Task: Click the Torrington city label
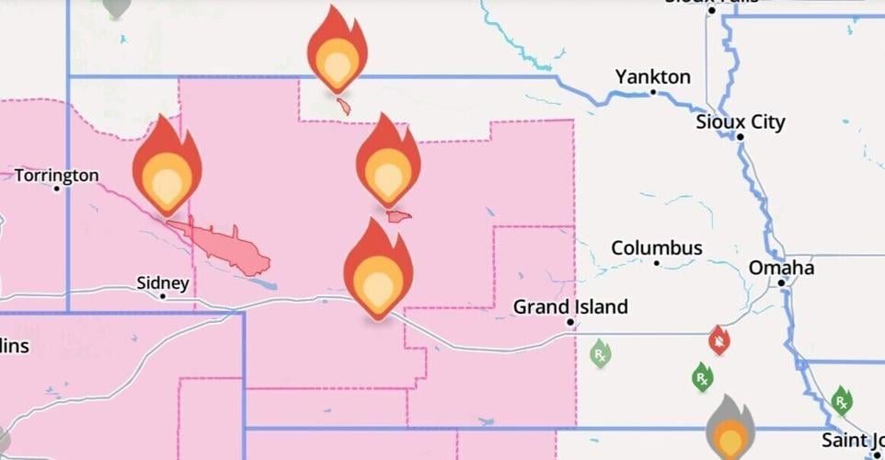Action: [x=56, y=175]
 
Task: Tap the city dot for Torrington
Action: [x=56, y=189]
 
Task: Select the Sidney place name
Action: [x=162, y=282]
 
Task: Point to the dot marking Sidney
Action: [x=163, y=296]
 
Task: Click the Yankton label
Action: [x=652, y=76]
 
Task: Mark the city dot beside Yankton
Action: [x=653, y=92]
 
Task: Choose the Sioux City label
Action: [x=741, y=121]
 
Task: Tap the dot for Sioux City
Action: [x=741, y=137]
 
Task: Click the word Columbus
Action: [x=657, y=248]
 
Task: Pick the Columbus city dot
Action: [x=657, y=263]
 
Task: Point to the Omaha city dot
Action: [x=782, y=282]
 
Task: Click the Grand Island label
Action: [x=570, y=306]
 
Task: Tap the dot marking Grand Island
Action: [x=570, y=322]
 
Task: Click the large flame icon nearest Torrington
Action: [x=167, y=170]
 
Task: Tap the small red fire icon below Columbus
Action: [x=719, y=341]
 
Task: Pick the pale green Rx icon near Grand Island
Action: [x=600, y=352]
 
